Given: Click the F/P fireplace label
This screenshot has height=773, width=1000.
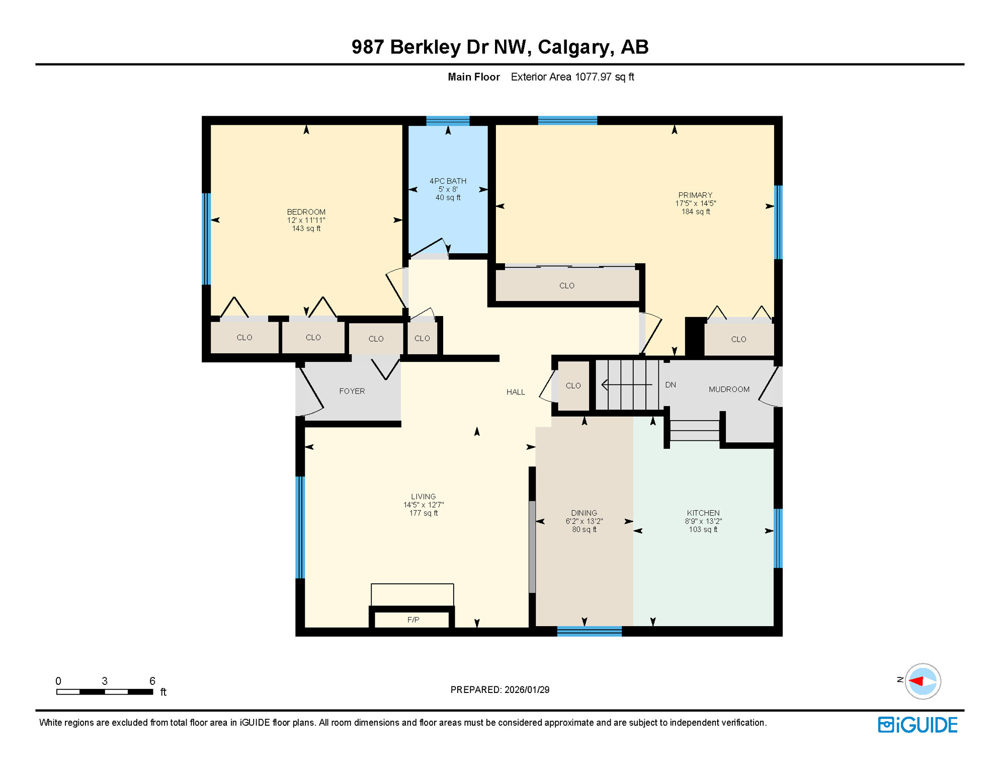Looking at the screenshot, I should pos(413,620).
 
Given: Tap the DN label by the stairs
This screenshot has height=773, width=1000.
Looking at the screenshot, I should pos(670,385).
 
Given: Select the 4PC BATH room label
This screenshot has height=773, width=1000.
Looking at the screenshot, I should pos(448,181).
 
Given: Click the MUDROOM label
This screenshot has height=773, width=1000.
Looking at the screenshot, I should pos(729,390).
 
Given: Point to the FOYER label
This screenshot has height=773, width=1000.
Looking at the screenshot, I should pos(352,391).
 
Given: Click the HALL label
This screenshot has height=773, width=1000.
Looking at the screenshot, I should pos(516,392).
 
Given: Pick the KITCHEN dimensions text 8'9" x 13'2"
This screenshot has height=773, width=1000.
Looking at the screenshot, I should pos(703,521).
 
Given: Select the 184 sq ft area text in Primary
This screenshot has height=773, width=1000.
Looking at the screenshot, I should pos(695,212).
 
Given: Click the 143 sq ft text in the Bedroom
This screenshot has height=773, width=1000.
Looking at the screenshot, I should pos(306,228).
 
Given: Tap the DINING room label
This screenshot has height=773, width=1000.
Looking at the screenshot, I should pos(584,513).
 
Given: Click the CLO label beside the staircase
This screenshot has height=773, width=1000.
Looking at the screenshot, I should pos(573,385).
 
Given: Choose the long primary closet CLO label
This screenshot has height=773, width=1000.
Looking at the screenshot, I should pos(566,285).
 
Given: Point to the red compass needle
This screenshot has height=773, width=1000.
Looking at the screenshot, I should pos(916,681).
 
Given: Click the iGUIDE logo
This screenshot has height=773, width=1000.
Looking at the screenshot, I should pos(918,725).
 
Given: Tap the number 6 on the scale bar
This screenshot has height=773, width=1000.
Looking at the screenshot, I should pos(152,681).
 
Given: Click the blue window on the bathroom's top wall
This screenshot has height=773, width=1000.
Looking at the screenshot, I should pos(448,121).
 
